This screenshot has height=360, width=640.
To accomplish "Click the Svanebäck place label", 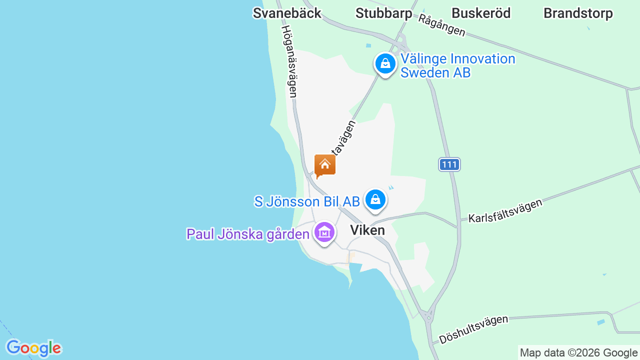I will (x=287, y=13).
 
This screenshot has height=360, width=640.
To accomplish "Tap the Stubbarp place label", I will (x=383, y=13).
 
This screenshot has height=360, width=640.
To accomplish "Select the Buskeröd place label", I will (x=481, y=13).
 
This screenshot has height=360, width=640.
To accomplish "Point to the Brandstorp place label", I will (x=578, y=13).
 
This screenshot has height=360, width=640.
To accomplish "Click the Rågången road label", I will (x=442, y=25).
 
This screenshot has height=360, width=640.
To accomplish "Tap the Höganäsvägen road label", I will (x=289, y=61).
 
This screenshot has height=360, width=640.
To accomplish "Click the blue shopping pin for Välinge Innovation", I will (x=385, y=64).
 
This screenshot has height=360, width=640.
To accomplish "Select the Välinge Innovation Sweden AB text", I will (x=457, y=65).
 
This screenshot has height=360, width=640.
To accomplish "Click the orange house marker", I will (x=325, y=165).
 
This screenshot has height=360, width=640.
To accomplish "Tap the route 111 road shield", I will (x=449, y=164).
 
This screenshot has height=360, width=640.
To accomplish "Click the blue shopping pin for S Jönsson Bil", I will (x=375, y=200).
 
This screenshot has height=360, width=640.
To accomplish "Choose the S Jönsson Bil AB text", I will (x=307, y=202).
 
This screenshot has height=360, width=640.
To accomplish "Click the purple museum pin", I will (x=324, y=232).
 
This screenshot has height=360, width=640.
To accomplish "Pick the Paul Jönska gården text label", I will (x=248, y=234).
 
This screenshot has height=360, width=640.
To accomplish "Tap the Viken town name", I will (x=367, y=230).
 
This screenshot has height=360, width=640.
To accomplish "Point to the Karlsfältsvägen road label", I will (x=505, y=210).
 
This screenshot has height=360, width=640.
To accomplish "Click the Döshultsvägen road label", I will (x=473, y=329).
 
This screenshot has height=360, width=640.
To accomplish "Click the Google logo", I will (x=33, y=348).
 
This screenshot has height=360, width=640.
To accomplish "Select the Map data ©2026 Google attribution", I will (x=578, y=353).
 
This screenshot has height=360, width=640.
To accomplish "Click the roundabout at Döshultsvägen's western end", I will (x=428, y=316).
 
